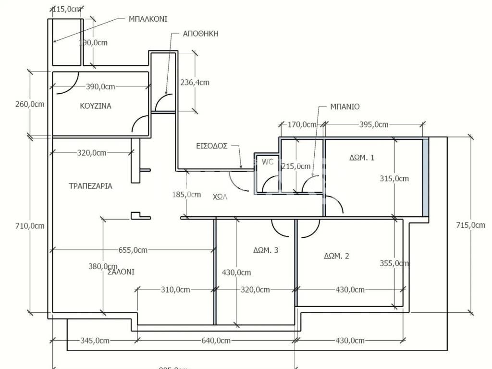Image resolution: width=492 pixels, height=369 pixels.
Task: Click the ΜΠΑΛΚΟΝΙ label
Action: click(148, 19)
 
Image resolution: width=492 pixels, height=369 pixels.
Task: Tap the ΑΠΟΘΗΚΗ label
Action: click(201, 34)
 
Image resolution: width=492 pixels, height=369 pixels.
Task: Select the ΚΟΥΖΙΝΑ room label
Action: click(96, 106)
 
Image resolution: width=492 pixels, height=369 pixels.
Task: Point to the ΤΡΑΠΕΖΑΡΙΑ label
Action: click(91, 186)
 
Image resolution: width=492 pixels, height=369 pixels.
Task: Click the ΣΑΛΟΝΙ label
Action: click(121, 271)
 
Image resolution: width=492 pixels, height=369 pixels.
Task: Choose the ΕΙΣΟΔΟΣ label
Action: click(211, 146)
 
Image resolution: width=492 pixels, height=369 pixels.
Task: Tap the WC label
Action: click(267, 162)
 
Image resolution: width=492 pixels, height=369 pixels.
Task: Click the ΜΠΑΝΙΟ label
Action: click(344, 107)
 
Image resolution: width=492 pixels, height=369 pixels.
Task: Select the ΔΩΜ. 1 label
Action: click(361, 157)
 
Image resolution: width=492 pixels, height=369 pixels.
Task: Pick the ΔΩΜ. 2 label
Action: click(336, 256)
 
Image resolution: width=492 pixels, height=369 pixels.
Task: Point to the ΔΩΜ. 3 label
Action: click(266, 250)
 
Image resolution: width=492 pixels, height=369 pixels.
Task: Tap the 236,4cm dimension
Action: click(195, 82)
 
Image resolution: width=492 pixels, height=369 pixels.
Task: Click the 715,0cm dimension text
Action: click(470, 225)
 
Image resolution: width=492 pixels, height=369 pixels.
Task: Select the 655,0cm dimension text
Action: click(132, 250)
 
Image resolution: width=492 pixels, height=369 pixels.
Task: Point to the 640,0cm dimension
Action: click(216, 341)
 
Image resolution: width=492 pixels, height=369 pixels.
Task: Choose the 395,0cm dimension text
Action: click(374, 125)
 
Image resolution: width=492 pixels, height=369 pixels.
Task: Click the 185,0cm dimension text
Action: click(186, 195)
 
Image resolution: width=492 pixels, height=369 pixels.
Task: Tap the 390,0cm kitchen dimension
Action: click(100, 87)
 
